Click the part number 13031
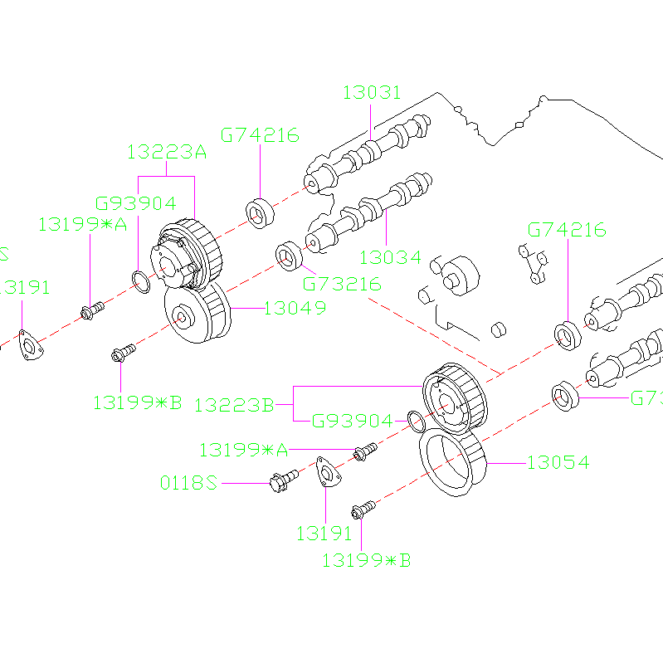point(372,92)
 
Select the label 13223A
point(166,152)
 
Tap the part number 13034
point(390,257)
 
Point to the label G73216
point(342,284)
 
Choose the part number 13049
point(295,309)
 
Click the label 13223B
point(234,405)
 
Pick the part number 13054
point(558,463)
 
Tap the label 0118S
point(188,482)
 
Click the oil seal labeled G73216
point(289,256)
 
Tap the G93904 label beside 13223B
point(352,422)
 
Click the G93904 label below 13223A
point(136,203)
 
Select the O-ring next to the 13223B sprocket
point(417,422)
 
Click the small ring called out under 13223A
point(141,282)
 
